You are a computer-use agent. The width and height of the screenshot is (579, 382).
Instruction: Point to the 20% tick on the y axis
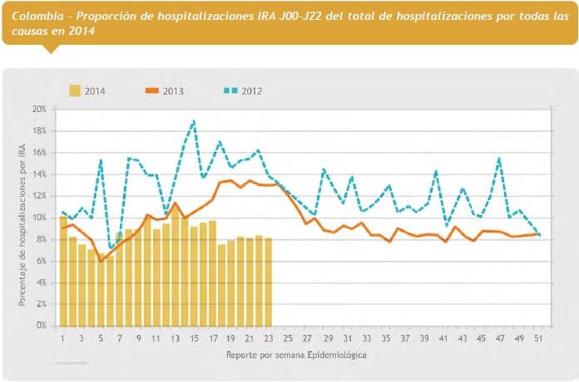39,109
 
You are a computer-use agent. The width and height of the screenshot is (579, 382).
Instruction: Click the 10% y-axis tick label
39,218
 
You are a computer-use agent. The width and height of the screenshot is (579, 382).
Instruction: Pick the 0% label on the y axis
42,326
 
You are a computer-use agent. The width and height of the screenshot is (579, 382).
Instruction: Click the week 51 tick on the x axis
542,339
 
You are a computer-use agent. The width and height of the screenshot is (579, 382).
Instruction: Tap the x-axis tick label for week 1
63,339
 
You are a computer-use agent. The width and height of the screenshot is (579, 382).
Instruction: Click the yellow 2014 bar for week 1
63,270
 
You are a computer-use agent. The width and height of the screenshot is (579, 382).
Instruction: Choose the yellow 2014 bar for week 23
269,282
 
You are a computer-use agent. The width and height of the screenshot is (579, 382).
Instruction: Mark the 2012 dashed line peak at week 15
194,121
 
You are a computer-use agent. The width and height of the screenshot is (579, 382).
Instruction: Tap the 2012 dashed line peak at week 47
499,158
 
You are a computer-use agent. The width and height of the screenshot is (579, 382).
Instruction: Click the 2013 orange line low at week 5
101,261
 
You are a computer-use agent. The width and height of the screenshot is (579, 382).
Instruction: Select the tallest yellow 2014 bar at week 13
176,266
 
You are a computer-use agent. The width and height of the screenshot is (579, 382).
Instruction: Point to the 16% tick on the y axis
39,152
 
